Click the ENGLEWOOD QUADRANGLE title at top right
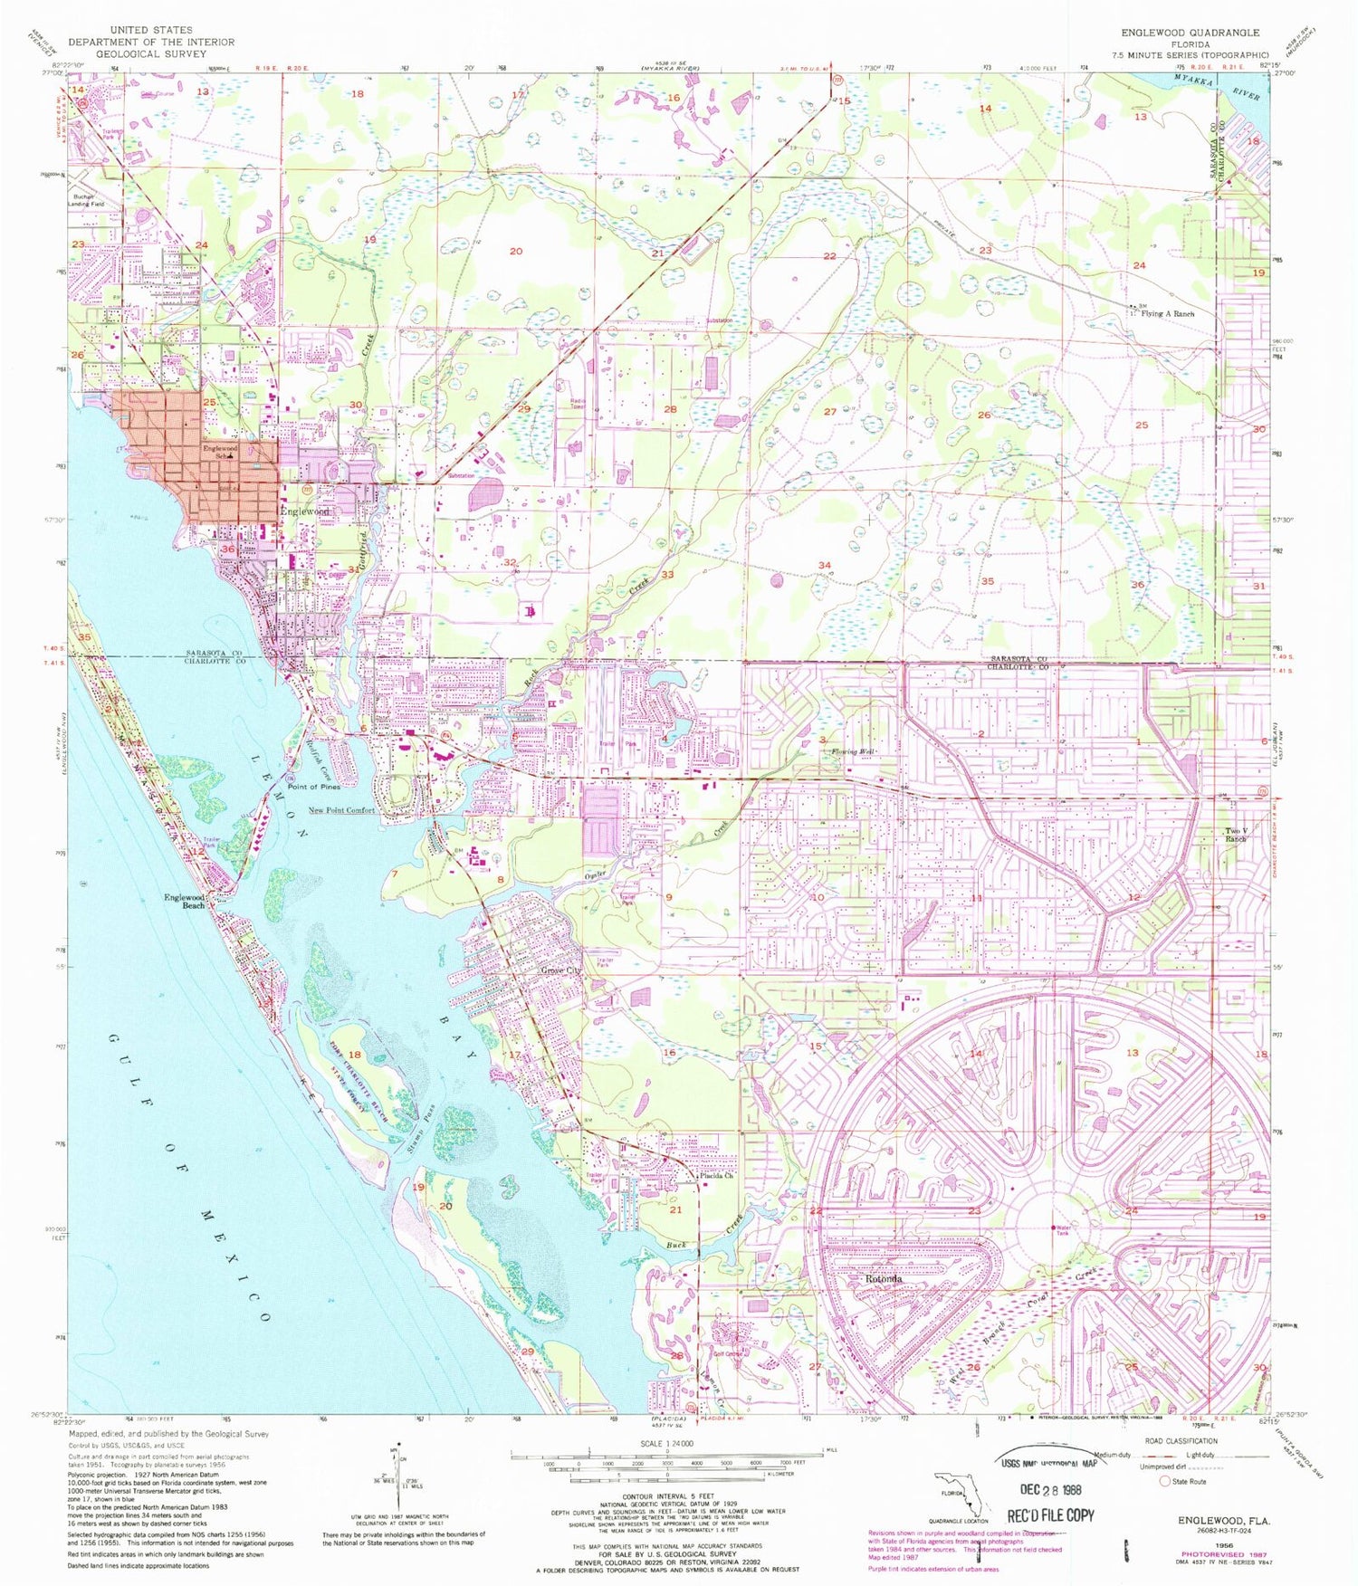1195,33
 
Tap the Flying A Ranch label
1167,314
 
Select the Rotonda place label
883,1280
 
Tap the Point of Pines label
313,787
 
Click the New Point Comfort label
340,810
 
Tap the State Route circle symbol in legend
1165,1482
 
